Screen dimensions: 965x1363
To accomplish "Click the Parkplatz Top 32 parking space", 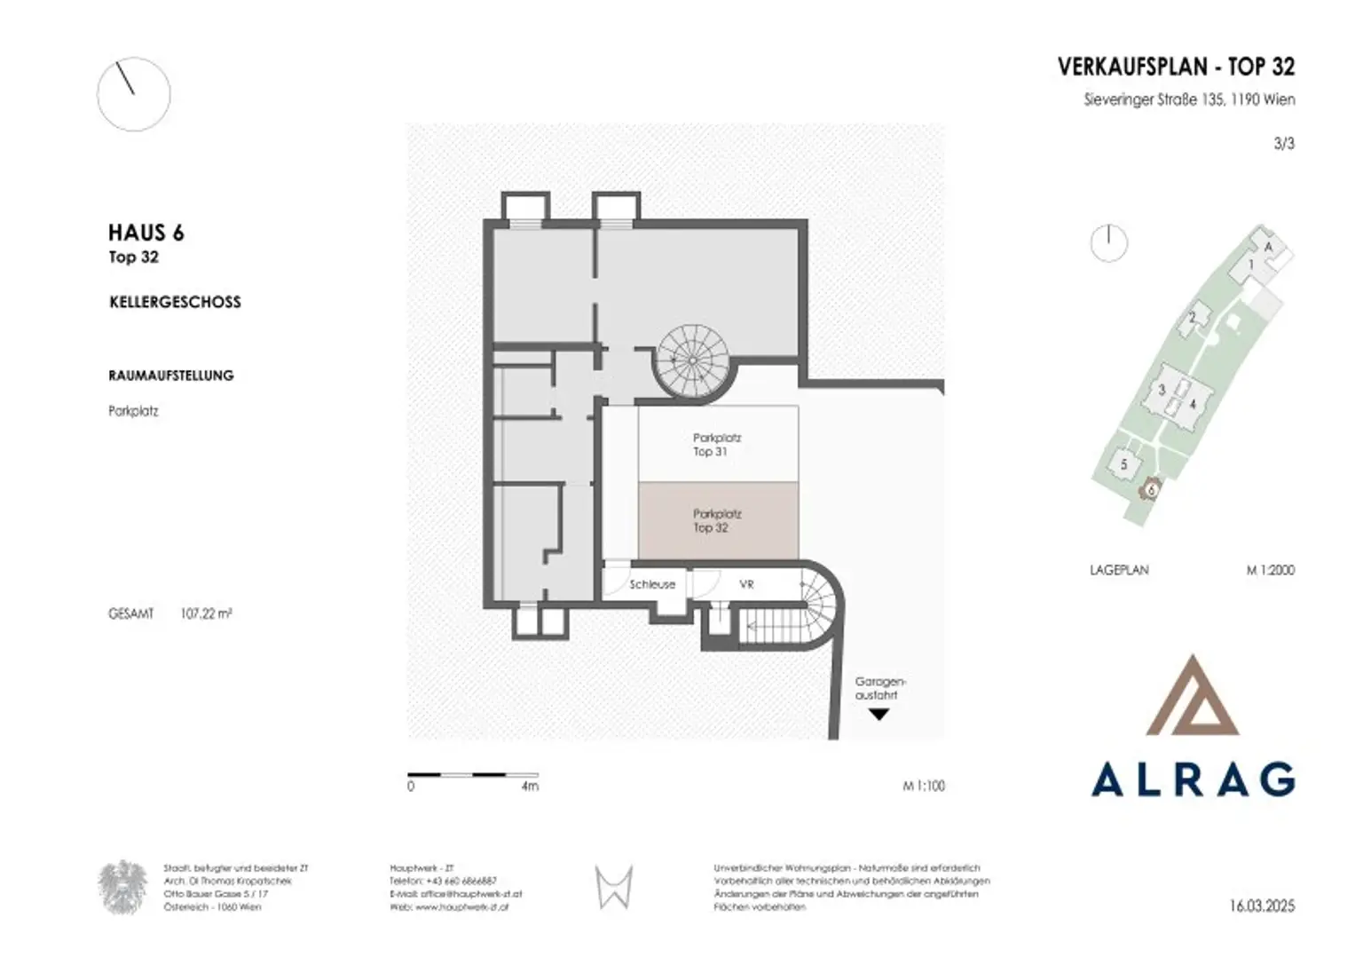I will click(717, 521).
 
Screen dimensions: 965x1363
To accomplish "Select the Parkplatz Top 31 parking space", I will click(717, 444).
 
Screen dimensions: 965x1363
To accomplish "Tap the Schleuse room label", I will click(652, 584).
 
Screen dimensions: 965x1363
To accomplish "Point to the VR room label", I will click(746, 584).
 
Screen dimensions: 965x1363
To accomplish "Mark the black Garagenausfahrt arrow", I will click(878, 714).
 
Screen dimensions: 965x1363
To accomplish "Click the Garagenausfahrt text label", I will click(879, 688).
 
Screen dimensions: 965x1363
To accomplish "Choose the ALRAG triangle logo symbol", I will click(1192, 697).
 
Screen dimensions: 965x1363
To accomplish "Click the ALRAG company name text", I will click(1192, 779).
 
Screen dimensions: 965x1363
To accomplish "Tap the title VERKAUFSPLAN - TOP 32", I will click(1176, 67).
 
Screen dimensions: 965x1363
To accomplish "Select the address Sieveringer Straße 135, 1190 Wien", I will click(1188, 99).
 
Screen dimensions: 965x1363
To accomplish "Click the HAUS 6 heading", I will click(146, 233).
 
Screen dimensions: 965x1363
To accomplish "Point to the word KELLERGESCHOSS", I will click(175, 302).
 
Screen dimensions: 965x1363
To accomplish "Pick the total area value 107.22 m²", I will click(206, 613).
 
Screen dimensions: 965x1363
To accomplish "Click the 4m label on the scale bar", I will click(530, 786).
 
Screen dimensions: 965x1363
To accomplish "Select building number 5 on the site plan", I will click(1123, 464).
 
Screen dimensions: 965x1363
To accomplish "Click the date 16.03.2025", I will click(1262, 906).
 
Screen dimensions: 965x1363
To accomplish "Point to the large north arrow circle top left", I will click(133, 94).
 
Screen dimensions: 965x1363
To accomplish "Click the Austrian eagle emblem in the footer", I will click(122, 887).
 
